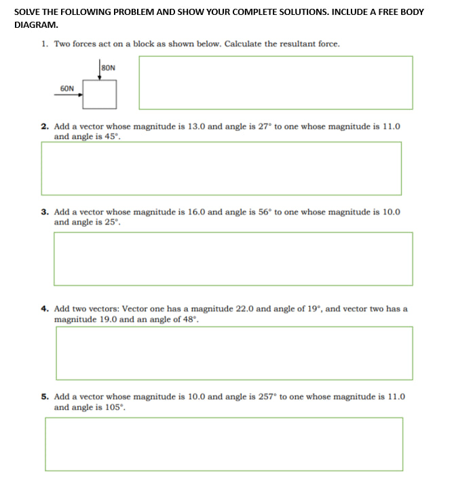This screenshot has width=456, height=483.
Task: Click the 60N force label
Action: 67,88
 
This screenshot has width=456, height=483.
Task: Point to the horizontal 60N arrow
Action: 69,95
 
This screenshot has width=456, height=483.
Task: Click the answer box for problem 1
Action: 275,82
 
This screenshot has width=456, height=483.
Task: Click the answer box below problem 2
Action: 221,168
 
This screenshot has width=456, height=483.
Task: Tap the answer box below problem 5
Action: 224,444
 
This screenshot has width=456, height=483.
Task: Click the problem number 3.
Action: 44,212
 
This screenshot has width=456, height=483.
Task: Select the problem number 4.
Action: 44,309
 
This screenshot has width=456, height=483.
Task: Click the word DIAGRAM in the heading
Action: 35,24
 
